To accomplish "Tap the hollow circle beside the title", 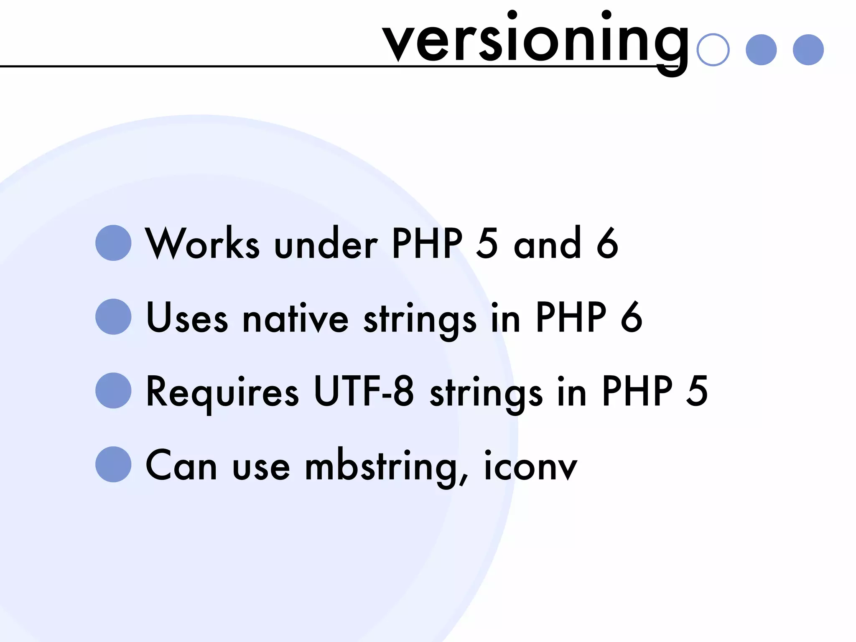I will [x=713, y=50].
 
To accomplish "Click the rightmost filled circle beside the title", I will [x=808, y=50].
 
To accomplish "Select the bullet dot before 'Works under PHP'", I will [x=113, y=243].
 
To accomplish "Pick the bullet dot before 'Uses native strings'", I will [x=113, y=317].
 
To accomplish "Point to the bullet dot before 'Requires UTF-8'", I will [x=113, y=390].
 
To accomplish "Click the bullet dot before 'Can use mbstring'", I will [x=113, y=464].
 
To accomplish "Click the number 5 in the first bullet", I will [x=487, y=244].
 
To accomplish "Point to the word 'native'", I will [x=296, y=318].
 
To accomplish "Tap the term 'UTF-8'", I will [x=364, y=391].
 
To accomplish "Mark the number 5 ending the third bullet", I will [x=697, y=391].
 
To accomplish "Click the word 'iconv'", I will [x=531, y=466].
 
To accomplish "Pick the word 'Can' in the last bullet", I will [x=181, y=466].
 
